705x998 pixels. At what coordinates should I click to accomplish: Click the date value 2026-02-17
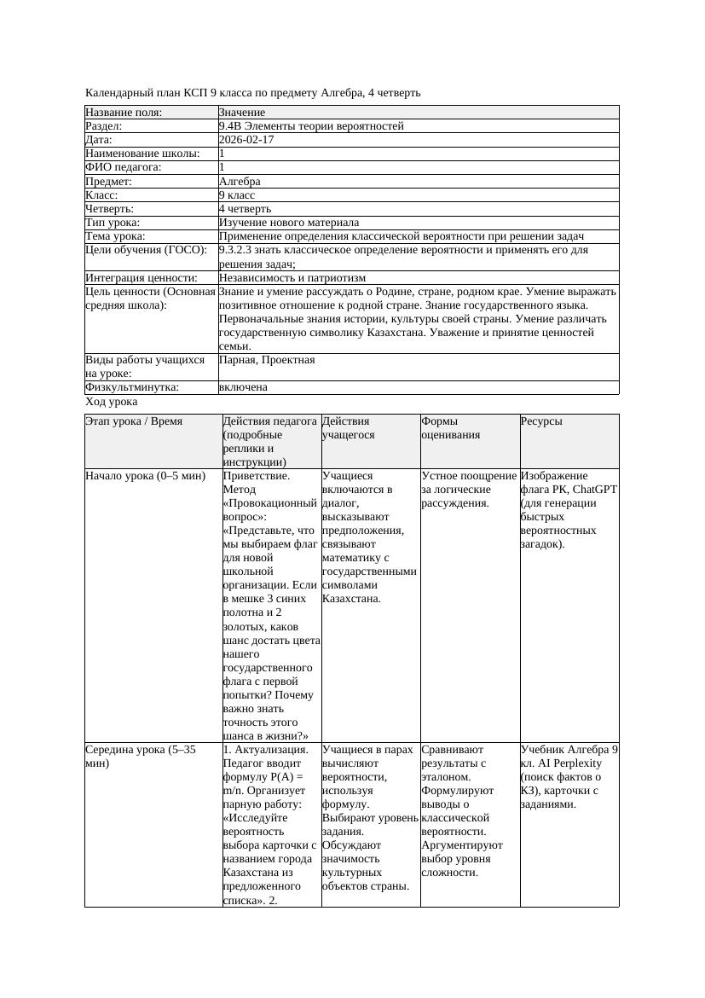point(246,140)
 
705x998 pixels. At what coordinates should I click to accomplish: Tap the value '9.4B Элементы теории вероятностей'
point(311,126)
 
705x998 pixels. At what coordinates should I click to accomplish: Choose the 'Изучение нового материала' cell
point(289,223)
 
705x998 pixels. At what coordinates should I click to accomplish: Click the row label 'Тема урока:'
point(115,236)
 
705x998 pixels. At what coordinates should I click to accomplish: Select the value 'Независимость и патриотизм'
point(292,278)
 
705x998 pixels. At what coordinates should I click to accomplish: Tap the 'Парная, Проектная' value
point(267,360)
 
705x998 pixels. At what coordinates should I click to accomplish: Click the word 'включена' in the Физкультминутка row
point(243,387)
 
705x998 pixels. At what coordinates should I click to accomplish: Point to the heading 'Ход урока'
point(112,402)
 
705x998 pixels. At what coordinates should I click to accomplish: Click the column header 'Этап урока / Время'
point(134,421)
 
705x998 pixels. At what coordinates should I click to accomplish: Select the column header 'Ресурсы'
point(541,421)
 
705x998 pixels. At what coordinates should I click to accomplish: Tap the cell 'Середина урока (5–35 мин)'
point(141,757)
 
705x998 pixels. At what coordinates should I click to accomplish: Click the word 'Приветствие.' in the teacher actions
point(256,476)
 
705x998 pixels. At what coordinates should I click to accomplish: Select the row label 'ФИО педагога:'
point(124,168)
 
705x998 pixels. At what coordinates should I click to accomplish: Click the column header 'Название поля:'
point(124,113)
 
